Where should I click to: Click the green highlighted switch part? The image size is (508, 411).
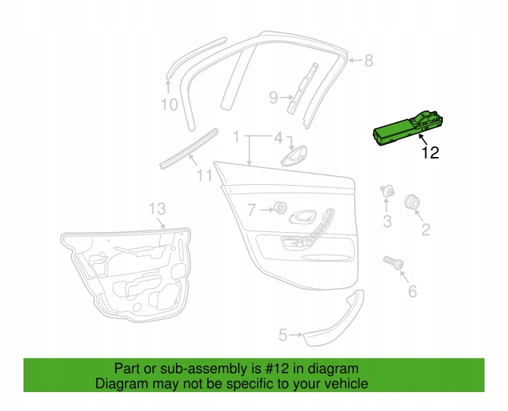[x=408, y=130]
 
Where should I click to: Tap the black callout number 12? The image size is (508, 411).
[x=430, y=152]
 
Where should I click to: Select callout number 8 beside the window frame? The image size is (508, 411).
[x=368, y=61]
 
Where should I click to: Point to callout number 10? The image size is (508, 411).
[x=169, y=105]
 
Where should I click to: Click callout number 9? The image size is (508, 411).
[x=274, y=97]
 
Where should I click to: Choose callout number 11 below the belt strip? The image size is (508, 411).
[x=205, y=175]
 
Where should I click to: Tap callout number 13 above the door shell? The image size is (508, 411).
[x=158, y=209]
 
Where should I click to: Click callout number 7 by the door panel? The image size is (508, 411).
[x=252, y=210]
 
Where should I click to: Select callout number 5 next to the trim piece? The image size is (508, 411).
[x=283, y=335]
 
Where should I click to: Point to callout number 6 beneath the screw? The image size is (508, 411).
[x=412, y=291]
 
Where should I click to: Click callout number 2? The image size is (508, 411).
[x=425, y=230]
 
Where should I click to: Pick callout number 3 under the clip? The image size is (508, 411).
[x=387, y=221]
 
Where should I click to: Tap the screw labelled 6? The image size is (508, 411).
[x=394, y=262]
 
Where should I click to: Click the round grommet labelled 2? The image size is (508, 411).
[x=412, y=202]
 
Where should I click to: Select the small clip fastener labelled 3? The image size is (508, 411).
[x=387, y=191]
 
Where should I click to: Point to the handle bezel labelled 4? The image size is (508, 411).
[x=294, y=156]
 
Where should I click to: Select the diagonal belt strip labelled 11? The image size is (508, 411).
[x=189, y=149]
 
